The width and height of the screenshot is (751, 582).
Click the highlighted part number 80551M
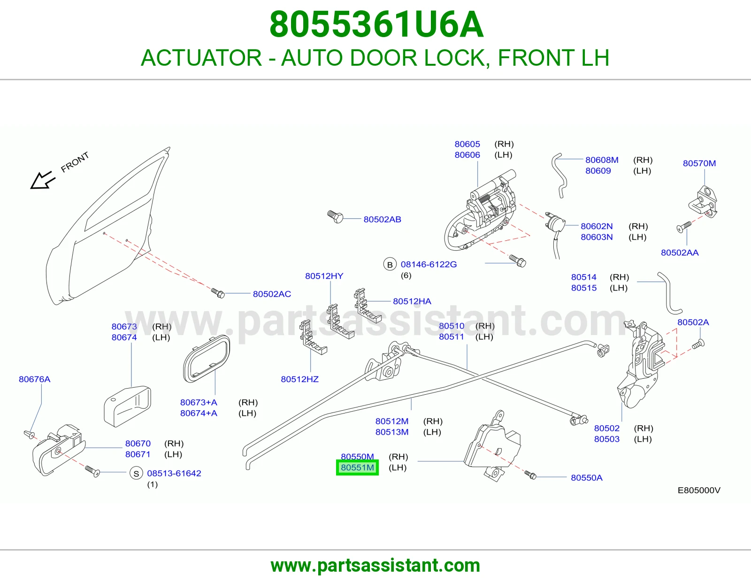click(357, 467)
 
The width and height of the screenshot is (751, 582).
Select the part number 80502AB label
click(382, 220)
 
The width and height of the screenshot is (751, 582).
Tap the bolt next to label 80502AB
click(335, 217)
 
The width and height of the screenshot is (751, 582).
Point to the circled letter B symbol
click(390, 264)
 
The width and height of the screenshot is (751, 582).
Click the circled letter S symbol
click(136, 474)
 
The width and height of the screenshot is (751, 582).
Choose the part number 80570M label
click(699, 163)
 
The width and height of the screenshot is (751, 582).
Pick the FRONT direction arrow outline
click(43, 180)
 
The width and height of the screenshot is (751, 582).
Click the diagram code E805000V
click(699, 490)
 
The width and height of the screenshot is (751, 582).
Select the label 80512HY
click(324, 276)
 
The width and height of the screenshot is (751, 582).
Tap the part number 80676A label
click(35, 379)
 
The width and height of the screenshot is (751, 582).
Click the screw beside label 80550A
click(530, 475)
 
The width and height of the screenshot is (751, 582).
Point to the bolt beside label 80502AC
click(218, 293)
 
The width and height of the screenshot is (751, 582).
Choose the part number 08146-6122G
click(429, 264)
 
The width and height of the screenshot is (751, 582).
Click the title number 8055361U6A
click(376, 24)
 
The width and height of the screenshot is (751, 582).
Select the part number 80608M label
click(602, 160)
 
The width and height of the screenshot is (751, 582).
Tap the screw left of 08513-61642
click(92, 471)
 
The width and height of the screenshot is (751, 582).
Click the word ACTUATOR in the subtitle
click(201, 58)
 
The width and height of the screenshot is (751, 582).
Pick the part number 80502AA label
click(680, 253)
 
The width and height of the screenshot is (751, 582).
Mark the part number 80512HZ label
click(299, 379)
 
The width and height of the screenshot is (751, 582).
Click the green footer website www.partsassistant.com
click(375, 566)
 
